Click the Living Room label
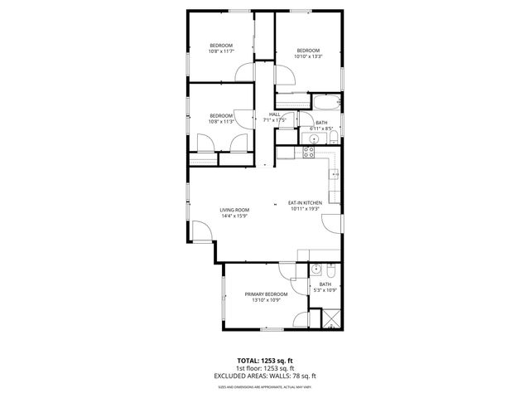point(234,210)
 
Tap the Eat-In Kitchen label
point(305,203)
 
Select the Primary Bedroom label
point(266,294)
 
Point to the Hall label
point(274,114)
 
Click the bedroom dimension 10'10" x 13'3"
point(308,56)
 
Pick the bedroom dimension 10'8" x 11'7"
point(220,51)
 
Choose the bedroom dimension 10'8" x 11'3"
point(220,121)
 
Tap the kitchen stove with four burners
point(309,152)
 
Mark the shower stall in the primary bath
point(329,320)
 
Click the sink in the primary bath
point(316,270)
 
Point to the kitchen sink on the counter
point(335,175)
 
